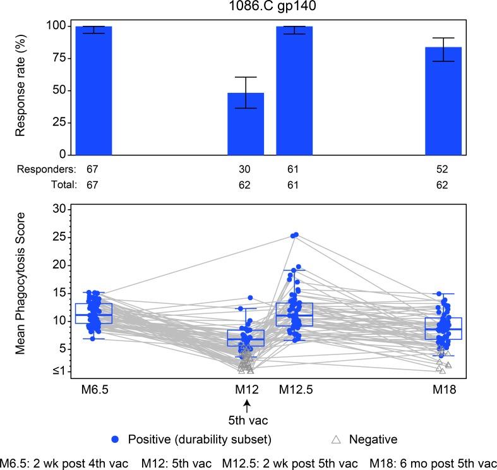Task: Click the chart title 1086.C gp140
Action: click(x=248, y=8)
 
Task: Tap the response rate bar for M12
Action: click(x=246, y=124)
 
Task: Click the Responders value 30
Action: click(x=246, y=170)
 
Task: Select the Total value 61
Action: click(x=295, y=185)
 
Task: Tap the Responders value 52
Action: click(x=443, y=170)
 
